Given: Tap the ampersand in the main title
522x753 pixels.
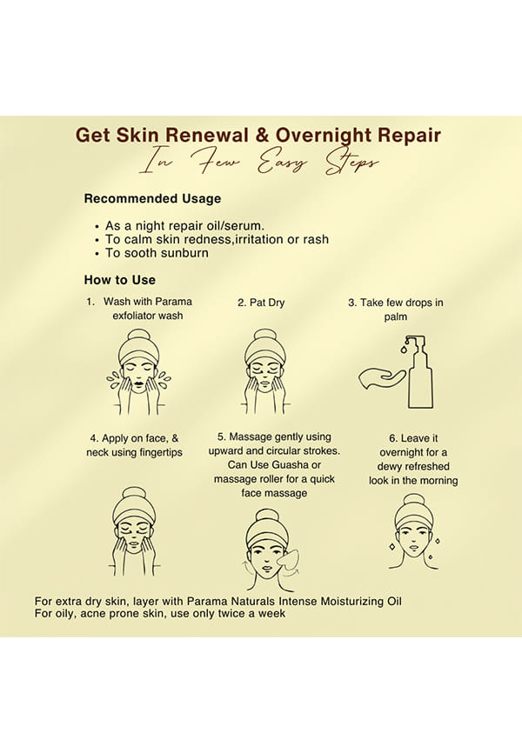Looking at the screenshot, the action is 262,135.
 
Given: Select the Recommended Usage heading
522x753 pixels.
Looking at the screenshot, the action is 152,198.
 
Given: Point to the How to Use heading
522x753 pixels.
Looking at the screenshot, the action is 120,280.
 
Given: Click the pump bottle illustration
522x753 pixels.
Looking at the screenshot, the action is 418,372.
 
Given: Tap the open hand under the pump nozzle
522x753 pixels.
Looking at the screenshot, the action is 381,378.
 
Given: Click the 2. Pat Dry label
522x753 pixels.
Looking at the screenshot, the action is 261,303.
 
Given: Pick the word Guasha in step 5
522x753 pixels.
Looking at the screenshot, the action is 290,465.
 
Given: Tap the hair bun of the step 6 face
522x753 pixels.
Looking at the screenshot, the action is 413,500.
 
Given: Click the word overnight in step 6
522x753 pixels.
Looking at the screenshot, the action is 401,452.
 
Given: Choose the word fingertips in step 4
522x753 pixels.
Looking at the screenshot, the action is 161,452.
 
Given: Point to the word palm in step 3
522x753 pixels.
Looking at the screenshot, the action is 396,317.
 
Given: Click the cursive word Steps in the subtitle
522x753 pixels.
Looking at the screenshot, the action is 351,163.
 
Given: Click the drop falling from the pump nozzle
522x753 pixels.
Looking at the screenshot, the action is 404,350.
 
